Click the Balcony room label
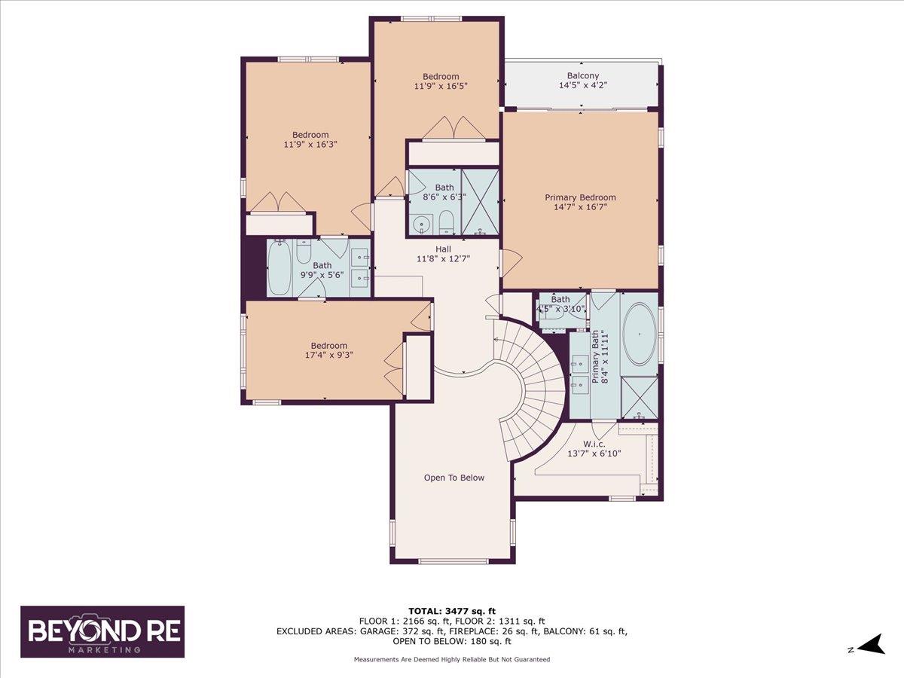583,75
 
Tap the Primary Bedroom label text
580,197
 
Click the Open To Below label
454,478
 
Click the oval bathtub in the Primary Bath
640,334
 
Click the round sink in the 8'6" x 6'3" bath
421,223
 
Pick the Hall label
443,249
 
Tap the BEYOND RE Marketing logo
102,631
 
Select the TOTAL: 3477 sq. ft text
452,611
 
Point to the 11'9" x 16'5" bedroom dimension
441,86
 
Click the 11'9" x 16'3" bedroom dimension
310,145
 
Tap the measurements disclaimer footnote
452,659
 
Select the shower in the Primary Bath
639,396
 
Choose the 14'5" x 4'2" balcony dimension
583,86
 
